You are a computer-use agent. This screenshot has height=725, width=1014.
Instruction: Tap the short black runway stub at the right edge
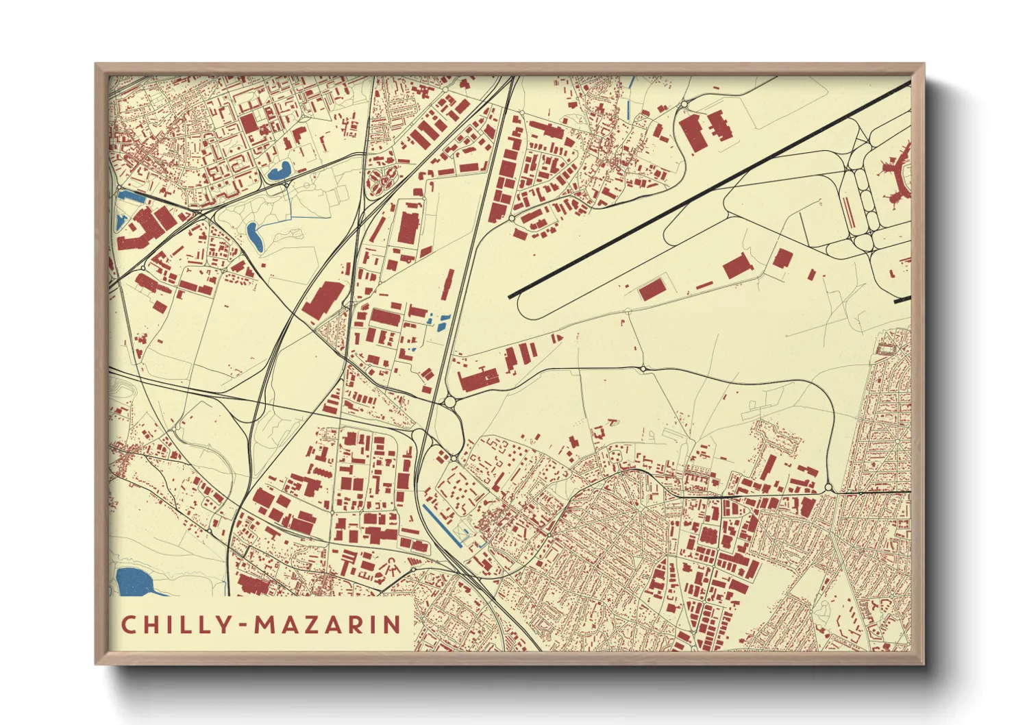pyautogui.click(x=902, y=299)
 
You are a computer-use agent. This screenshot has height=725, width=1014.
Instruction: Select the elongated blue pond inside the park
pyautogui.click(x=254, y=235)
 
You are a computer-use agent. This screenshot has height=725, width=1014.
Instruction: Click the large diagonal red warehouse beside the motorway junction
pyautogui.click(x=323, y=299)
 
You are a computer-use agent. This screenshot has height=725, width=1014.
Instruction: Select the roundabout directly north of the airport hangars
pyautogui.click(x=684, y=104)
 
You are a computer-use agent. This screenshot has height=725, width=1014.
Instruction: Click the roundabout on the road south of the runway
pyautogui.click(x=643, y=369)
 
